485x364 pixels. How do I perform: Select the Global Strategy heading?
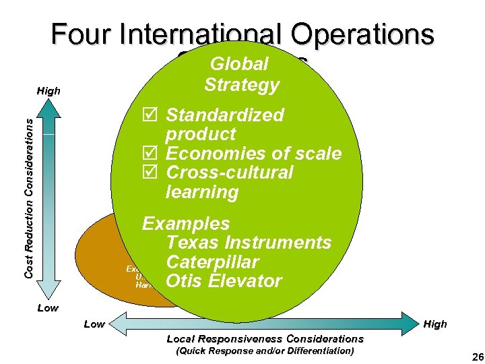point(240,74)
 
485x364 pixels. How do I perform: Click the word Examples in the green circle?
point(185,224)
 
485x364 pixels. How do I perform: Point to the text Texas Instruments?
point(248,243)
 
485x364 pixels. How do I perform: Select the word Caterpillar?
point(212,262)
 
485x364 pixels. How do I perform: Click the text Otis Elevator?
point(223,280)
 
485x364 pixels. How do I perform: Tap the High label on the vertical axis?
point(48,91)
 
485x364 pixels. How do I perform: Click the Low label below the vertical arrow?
point(46,308)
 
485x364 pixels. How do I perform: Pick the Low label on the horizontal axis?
point(94,324)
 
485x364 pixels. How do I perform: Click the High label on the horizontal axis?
point(435,324)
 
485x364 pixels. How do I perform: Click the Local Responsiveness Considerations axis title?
point(265,338)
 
